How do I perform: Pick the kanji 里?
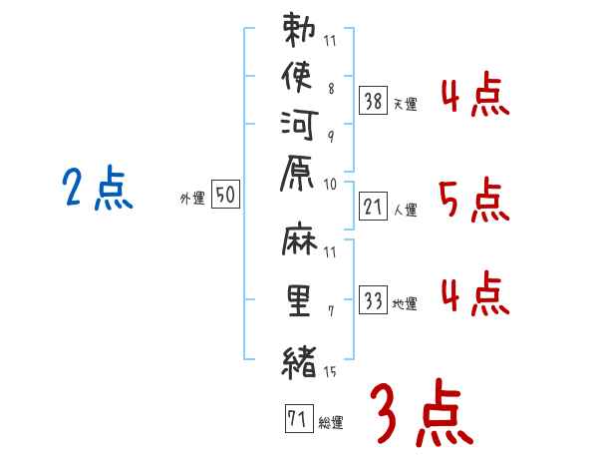coord(300,302)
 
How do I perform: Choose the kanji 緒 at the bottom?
coord(300,359)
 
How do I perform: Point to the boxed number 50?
coord(225,196)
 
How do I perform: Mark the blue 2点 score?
coord(98,188)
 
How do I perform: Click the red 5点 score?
coord(474,203)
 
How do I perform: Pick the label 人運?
coord(405,211)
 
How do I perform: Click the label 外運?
coord(192,200)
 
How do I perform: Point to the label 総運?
coord(330,423)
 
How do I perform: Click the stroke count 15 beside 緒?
coord(331,371)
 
